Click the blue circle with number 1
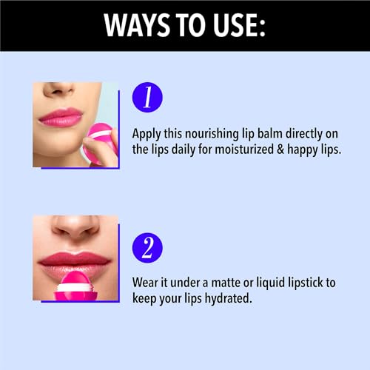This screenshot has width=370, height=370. [147, 97]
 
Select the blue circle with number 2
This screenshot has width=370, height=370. [147, 248]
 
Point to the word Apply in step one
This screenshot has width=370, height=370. [147, 135]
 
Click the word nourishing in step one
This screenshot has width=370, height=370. [212, 135]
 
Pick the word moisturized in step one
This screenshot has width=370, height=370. [244, 149]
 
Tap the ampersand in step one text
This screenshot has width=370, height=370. [280, 150]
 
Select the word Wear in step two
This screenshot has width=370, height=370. [145, 283]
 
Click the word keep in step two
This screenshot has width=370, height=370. [144, 300]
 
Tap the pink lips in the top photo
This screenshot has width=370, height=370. [61, 118]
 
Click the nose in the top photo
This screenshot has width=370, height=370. [59, 90]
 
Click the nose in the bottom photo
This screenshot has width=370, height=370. [75, 226]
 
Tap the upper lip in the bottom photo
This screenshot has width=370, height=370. [75, 258]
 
